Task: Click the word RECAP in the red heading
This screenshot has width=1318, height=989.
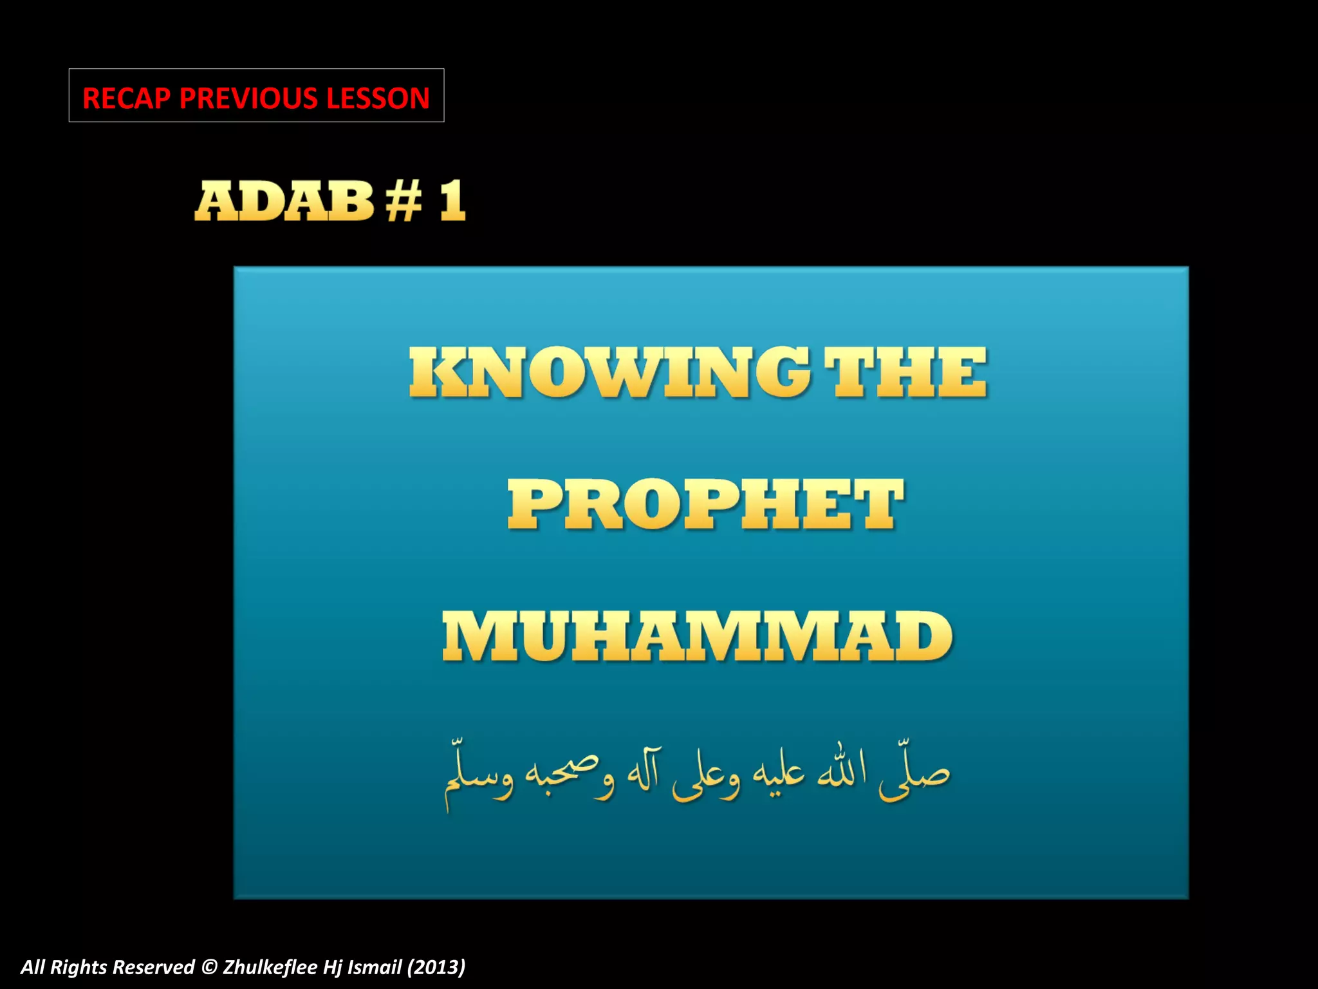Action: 126,98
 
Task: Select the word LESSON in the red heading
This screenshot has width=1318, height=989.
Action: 377,98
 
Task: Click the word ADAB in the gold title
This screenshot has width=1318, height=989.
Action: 284,201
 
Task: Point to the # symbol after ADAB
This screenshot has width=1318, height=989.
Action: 404,201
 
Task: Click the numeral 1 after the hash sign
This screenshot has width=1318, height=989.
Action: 452,201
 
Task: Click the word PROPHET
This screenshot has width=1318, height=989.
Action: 705,505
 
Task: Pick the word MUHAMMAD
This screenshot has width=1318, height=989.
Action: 698,637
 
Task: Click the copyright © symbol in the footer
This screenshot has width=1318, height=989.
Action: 209,967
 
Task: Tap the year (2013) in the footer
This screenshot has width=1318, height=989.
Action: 436,967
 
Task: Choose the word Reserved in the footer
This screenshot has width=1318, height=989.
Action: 153,967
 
